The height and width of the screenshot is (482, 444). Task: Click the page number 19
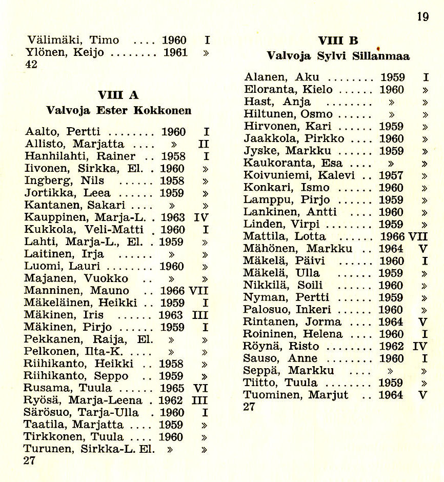click(422, 17)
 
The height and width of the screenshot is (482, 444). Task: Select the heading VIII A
click(118, 95)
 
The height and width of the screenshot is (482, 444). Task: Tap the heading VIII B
click(338, 41)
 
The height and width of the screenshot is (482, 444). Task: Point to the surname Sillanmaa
click(381, 56)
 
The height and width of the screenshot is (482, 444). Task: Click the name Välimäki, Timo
click(73, 40)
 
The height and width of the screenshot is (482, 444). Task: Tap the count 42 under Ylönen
click(31, 65)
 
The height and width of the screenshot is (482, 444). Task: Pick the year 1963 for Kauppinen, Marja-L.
click(172, 217)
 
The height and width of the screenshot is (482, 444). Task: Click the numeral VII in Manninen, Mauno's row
click(198, 291)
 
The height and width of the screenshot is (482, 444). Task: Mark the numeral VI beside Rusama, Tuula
click(200, 388)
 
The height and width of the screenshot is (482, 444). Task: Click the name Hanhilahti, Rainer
click(80, 156)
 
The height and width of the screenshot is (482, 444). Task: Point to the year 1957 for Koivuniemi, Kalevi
click(391, 175)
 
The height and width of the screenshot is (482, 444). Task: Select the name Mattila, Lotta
click(285, 236)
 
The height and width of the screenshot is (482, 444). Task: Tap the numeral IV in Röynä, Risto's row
click(419, 346)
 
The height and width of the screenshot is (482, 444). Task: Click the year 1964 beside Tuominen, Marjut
click(391, 395)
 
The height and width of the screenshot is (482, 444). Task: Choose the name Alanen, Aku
click(281, 77)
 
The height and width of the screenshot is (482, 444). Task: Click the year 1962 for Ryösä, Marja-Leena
click(171, 400)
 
